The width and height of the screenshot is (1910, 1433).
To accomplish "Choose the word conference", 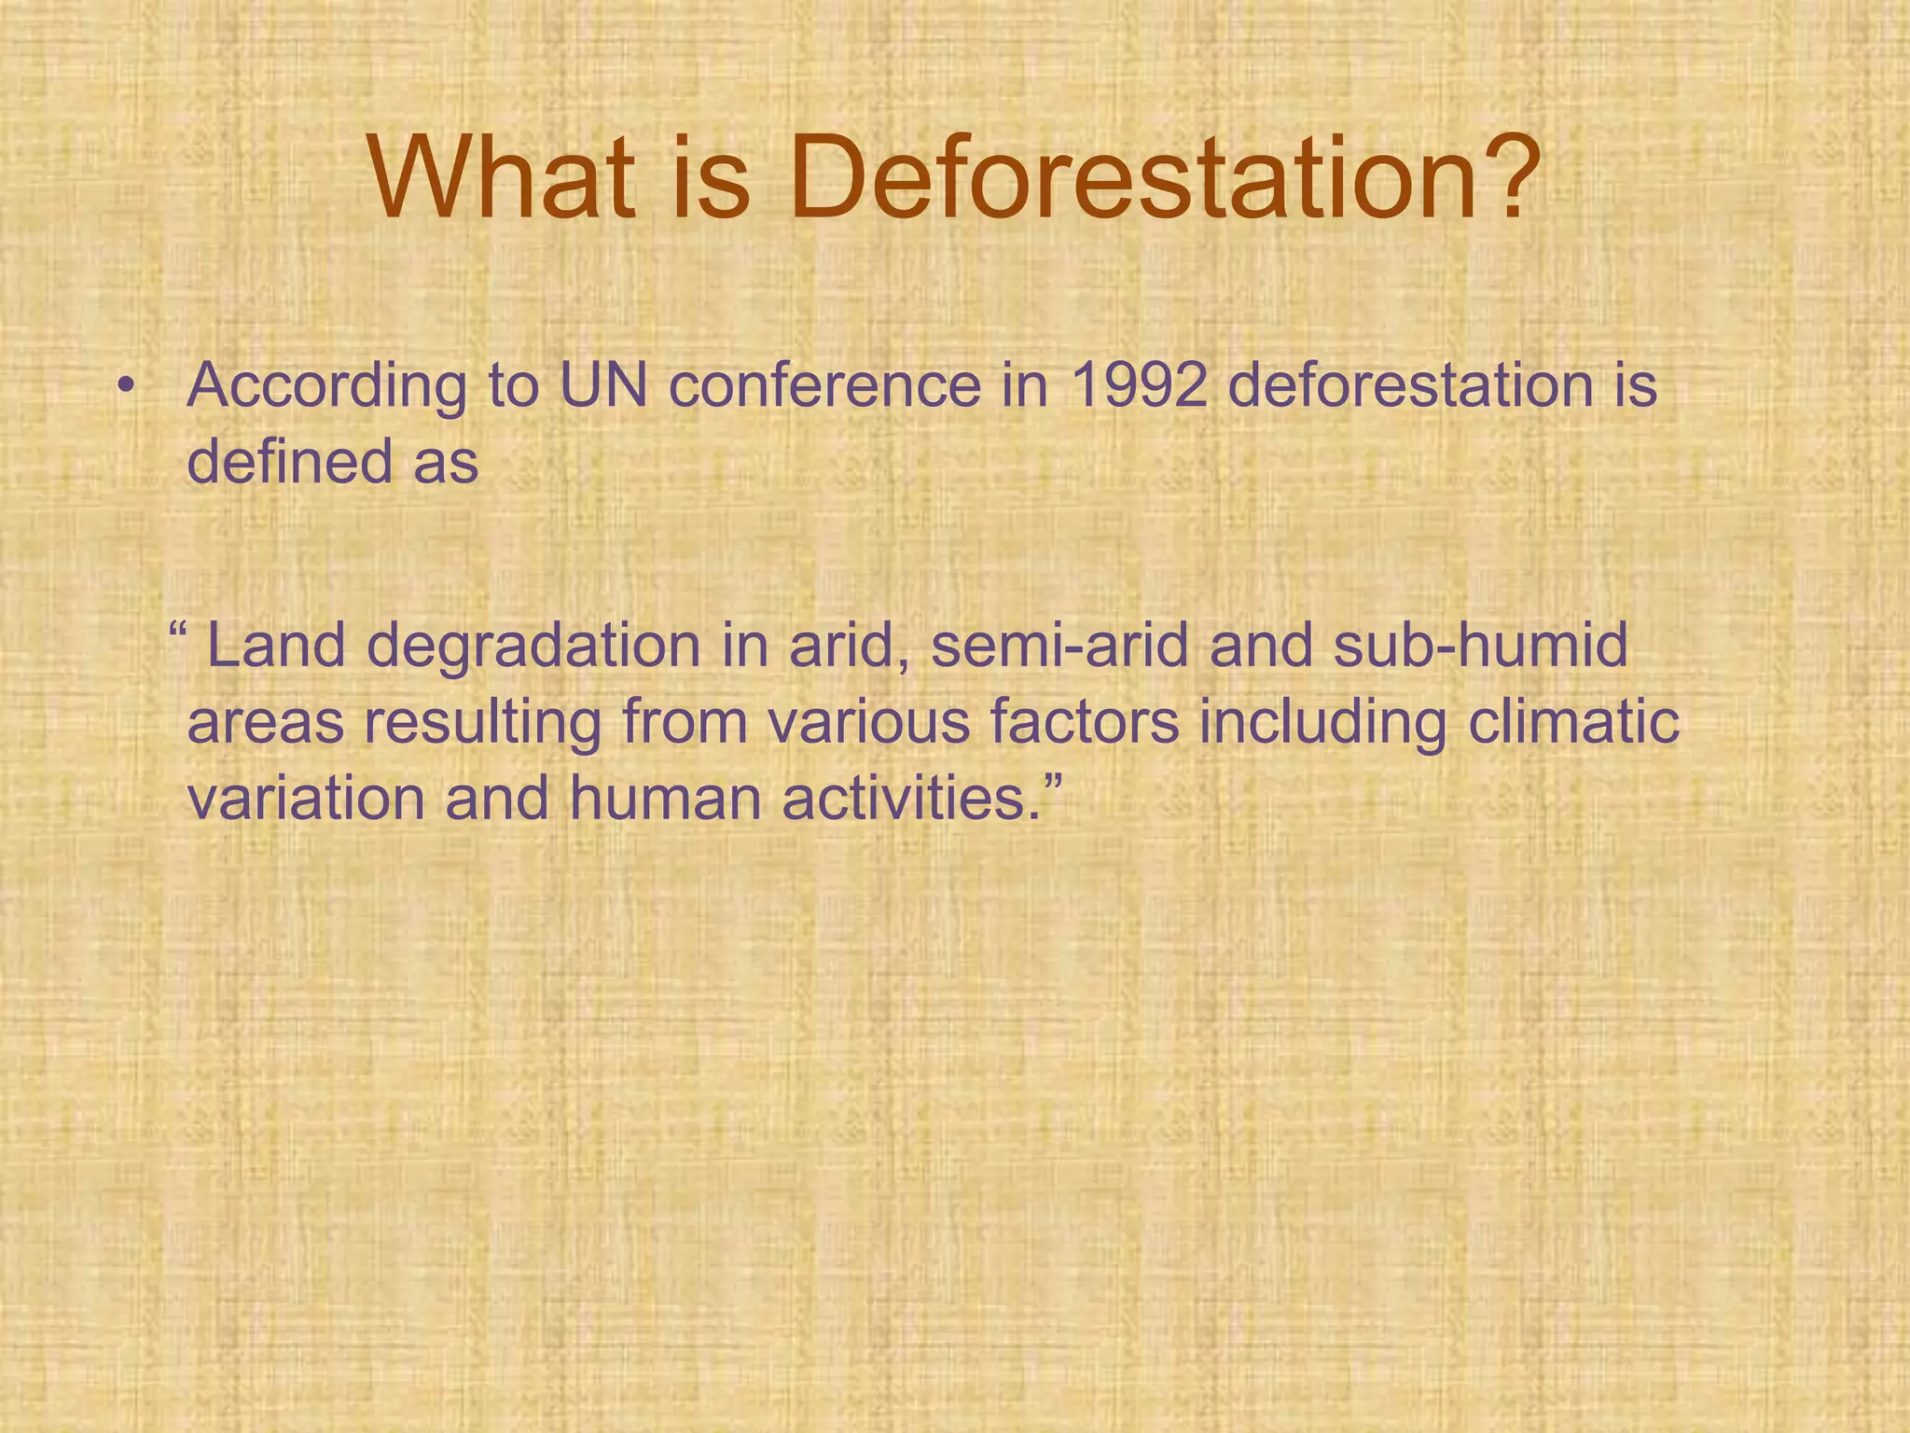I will point(825,385).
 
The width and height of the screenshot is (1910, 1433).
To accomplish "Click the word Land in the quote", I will point(276,646).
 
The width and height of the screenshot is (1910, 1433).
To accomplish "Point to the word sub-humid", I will point(1480,646).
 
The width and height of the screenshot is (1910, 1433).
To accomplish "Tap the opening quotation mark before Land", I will point(179,630).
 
